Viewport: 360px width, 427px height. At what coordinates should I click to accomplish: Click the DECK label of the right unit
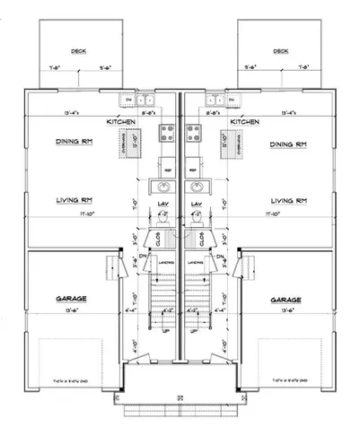282,51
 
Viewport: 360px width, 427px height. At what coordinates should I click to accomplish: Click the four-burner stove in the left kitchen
167,135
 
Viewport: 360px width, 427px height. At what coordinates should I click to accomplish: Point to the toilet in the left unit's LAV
167,221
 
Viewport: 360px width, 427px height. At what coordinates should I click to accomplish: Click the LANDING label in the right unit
194,263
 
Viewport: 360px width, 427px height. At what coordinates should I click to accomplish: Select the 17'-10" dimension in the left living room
64,215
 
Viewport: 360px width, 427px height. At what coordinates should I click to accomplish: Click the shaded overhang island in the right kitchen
215,142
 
